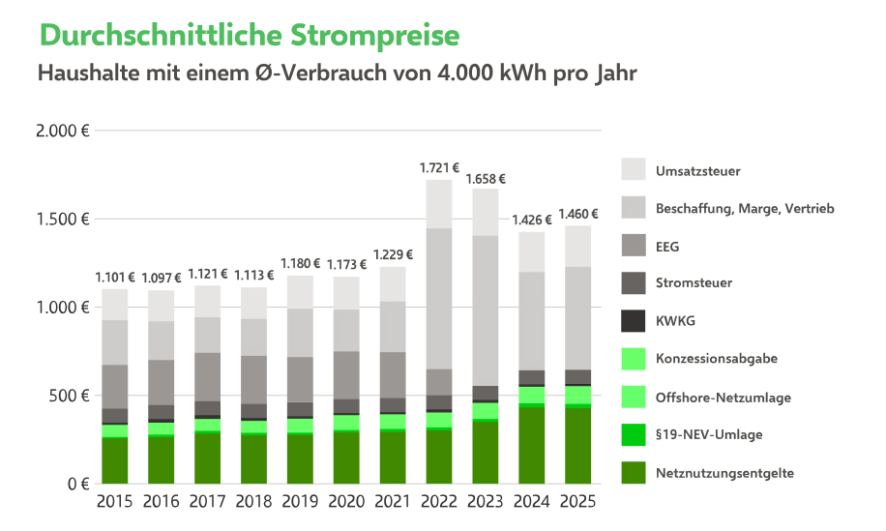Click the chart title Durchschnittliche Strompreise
point(250,36)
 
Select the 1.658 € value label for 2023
point(486,178)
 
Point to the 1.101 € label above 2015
point(115,278)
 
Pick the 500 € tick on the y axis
point(70,396)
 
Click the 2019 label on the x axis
point(300,502)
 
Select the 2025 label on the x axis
point(578,502)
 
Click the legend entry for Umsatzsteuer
point(697,171)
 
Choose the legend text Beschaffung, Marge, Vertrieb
point(744,208)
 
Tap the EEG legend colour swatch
point(633,246)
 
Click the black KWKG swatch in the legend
point(633,321)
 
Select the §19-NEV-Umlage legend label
point(708,434)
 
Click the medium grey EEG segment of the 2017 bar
point(207,376)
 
